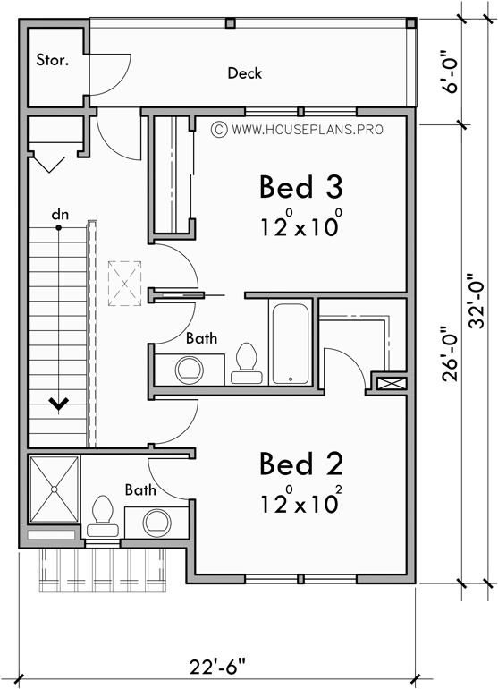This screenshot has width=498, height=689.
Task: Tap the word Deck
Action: [244, 73]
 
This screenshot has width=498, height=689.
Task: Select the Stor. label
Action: [52, 61]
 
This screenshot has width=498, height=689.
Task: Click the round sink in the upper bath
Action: [189, 369]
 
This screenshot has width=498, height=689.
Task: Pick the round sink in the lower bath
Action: [156, 521]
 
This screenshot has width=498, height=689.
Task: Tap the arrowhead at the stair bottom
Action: [60, 404]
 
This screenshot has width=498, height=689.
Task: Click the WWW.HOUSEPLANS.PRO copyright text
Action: [298, 130]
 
